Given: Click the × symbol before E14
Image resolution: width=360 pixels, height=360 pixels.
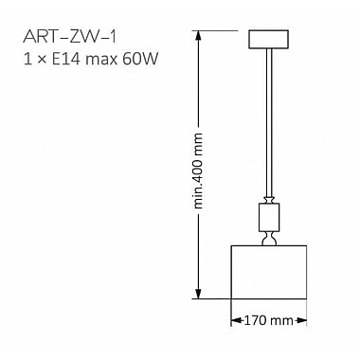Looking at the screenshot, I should click(46, 59).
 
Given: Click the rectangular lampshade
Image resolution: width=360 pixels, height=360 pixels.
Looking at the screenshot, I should click(269, 272).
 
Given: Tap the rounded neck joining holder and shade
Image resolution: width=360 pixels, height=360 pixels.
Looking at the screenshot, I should click(270, 240).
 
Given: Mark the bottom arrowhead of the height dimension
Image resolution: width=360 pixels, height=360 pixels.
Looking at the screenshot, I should click(199, 294).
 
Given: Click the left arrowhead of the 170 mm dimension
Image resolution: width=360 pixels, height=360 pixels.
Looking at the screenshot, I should click(235, 320).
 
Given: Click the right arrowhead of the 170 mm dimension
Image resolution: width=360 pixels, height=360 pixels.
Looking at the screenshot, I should click(304, 320).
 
